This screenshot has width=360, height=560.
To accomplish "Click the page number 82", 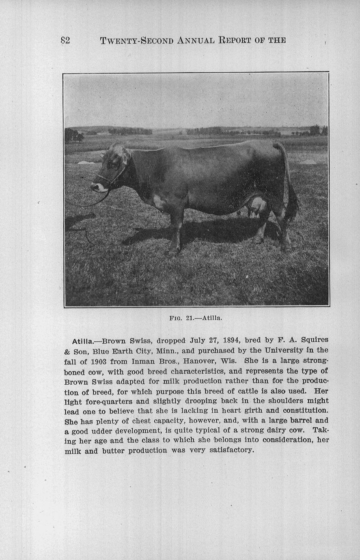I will (x=65, y=40).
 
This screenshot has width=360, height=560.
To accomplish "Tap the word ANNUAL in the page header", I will (x=196, y=40).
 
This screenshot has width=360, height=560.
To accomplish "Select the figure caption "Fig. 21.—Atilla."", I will (x=196, y=318).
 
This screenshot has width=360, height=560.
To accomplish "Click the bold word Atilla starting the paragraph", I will (x=82, y=341).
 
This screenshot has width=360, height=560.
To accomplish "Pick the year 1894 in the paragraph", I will (x=233, y=340).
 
